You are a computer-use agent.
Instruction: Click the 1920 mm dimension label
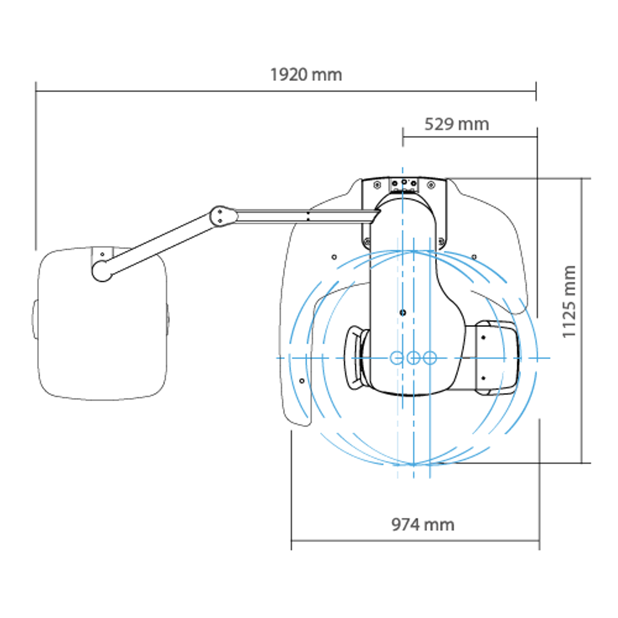[306, 75]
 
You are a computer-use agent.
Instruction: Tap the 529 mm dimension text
[457, 125]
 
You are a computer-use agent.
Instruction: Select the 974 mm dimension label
[423, 525]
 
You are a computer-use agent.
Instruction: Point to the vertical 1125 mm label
[569, 302]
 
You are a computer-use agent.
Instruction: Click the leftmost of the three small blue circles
[397, 358]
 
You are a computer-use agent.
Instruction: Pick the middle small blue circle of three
[413, 358]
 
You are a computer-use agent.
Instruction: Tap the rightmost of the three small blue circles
[430, 358]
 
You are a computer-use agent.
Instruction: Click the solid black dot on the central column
[402, 313]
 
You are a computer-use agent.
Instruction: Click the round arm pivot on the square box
[102, 271]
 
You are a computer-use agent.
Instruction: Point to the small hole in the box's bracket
[102, 254]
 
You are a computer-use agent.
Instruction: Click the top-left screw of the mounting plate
[377, 184]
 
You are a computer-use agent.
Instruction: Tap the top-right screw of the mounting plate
[431, 184]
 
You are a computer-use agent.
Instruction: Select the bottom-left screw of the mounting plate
[367, 241]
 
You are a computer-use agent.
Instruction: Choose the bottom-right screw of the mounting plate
[441, 241]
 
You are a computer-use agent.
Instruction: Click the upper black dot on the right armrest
[483, 337]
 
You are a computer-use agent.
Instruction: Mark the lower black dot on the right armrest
[483, 378]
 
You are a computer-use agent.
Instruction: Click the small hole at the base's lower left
[302, 381]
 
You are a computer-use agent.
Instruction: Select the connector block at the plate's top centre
[404, 185]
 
